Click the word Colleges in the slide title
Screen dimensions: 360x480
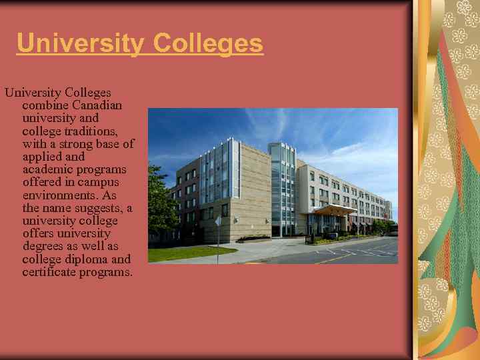pos(208,44)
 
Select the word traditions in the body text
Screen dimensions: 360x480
pos(93,131)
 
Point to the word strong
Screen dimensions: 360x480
pos(81,144)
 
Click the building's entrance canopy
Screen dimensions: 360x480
pos(333,210)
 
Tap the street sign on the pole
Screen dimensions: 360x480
pos(218,221)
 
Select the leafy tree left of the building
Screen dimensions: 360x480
pos(160,200)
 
